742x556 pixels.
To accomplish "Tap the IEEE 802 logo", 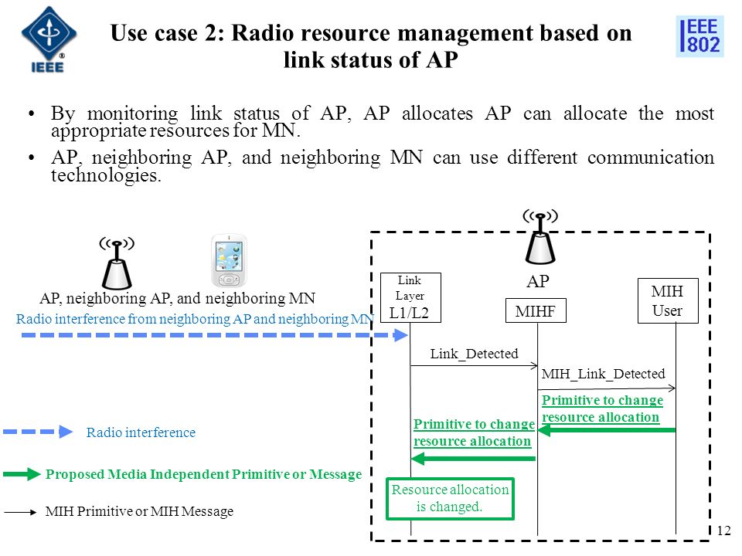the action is click(700, 36).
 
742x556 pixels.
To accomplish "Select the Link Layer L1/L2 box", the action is click(410, 298).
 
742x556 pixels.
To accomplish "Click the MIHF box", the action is click(536, 310).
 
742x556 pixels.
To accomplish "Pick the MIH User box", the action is click(668, 300).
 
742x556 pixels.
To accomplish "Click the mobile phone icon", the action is click(229, 260).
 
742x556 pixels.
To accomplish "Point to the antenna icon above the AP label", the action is click(540, 236).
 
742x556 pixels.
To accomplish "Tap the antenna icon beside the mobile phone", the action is click(117, 263).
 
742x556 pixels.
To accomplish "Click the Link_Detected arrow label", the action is click(474, 354).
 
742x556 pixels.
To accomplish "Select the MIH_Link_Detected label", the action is click(604, 374).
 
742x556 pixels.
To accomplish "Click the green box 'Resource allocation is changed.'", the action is click(450, 499).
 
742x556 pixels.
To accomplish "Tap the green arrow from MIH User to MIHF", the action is click(607, 430).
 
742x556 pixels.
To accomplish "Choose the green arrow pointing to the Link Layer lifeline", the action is click(473, 459).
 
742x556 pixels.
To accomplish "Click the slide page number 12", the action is click(724, 531).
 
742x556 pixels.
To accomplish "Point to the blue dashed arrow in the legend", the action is click(38, 432).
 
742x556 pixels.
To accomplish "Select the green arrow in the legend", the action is click(22, 474).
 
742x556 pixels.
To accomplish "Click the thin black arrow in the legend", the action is click(20, 512).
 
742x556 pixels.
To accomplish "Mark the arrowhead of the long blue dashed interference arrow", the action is click(400, 335).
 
